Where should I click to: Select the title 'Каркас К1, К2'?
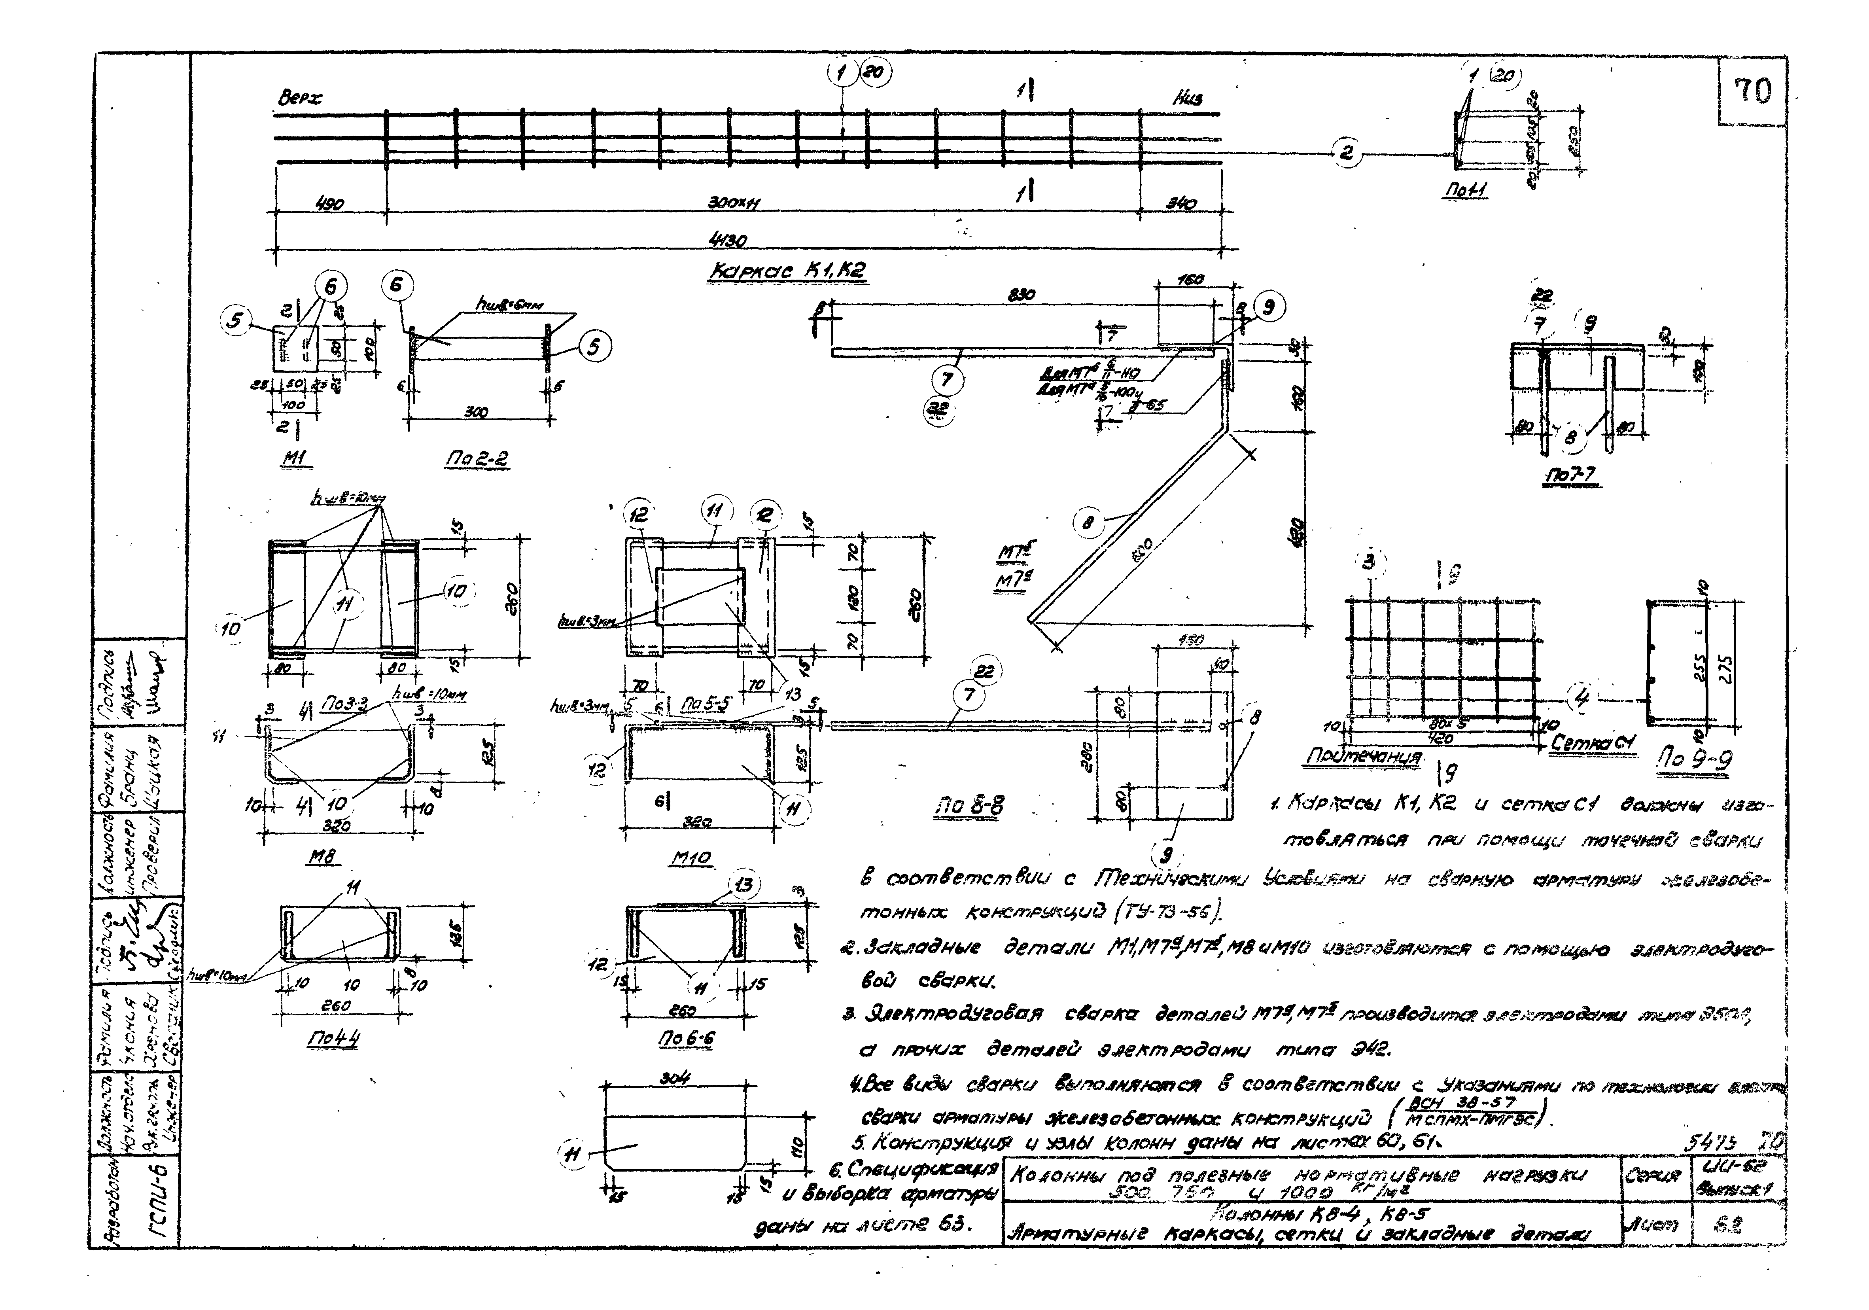(786, 273)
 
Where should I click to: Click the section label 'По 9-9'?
(1695, 760)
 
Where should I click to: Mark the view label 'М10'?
(693, 858)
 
